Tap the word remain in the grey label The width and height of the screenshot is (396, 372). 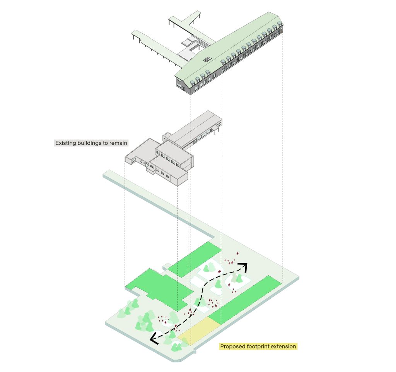[118, 143]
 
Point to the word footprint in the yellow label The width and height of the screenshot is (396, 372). [258, 346]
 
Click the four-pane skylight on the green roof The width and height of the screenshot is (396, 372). [208, 59]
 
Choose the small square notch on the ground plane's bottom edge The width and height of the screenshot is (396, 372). [194, 352]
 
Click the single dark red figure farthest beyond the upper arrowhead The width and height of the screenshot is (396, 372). [237, 253]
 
